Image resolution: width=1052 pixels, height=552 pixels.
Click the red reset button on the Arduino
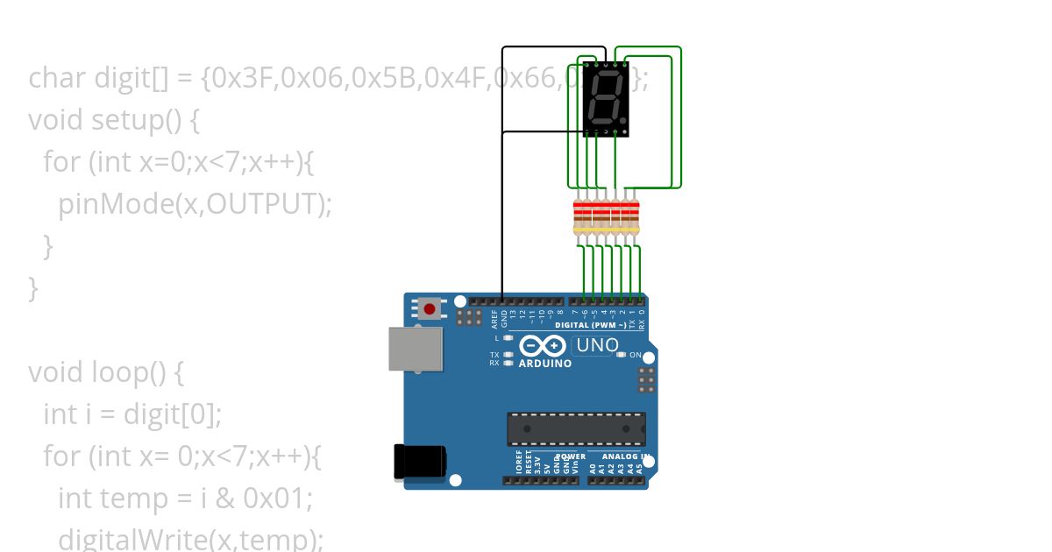click(430, 308)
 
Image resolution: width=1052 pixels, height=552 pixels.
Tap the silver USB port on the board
click(416, 348)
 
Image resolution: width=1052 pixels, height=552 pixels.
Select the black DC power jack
click(419, 462)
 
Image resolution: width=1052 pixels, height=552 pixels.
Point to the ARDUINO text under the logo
click(545, 363)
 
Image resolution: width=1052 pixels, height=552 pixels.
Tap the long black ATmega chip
click(576, 428)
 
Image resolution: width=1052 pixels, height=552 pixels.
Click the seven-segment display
click(606, 99)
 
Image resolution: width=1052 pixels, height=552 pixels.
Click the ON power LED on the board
click(622, 355)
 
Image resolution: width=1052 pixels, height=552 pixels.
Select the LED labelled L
click(508, 337)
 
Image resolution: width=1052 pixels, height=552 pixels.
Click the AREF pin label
click(494, 317)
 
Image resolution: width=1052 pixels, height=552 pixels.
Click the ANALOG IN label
click(625, 456)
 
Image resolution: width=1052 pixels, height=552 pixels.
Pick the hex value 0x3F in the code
click(245, 78)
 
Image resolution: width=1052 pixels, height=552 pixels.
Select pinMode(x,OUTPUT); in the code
click(195, 203)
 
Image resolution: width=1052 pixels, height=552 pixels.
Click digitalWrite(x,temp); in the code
click(190, 539)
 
